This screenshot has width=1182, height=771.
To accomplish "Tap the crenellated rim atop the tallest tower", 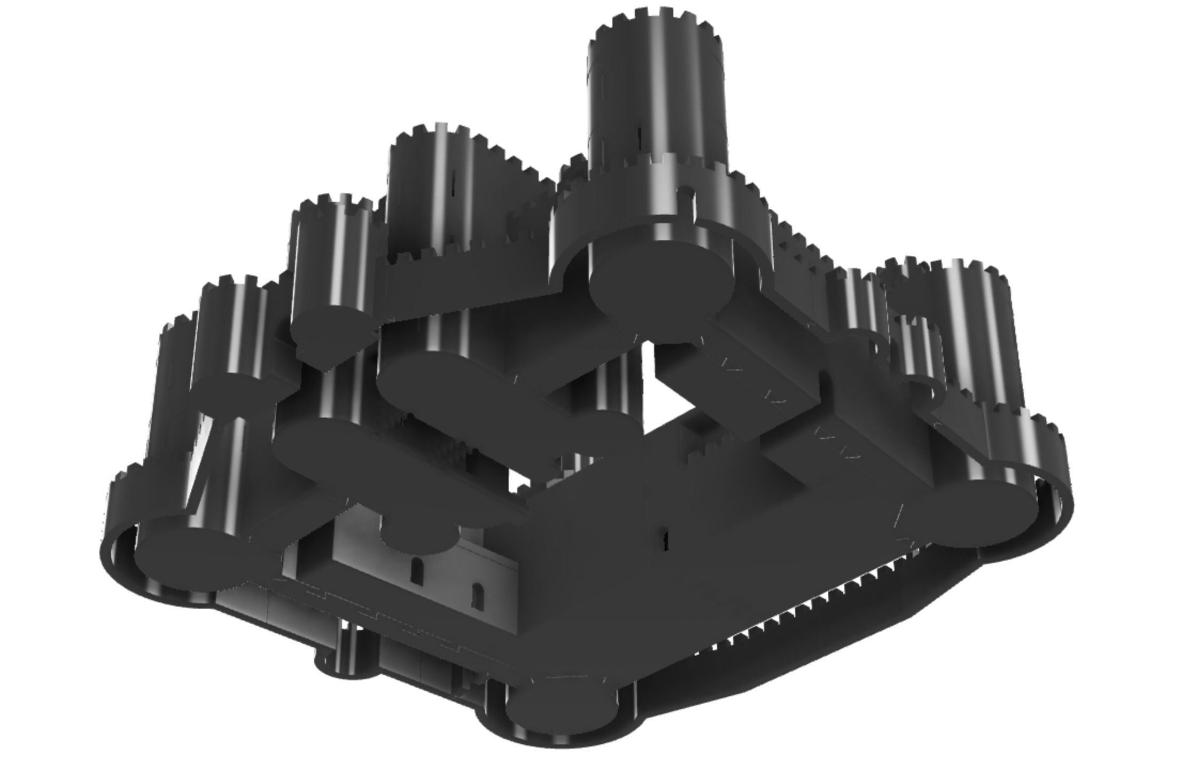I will [x=657, y=21].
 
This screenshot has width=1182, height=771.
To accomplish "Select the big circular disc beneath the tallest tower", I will [x=662, y=280].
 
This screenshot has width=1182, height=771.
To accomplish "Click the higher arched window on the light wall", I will [x=416, y=571].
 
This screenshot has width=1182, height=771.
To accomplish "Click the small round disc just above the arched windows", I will [x=419, y=537].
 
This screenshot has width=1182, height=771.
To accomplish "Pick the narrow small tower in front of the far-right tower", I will [x=916, y=352].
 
